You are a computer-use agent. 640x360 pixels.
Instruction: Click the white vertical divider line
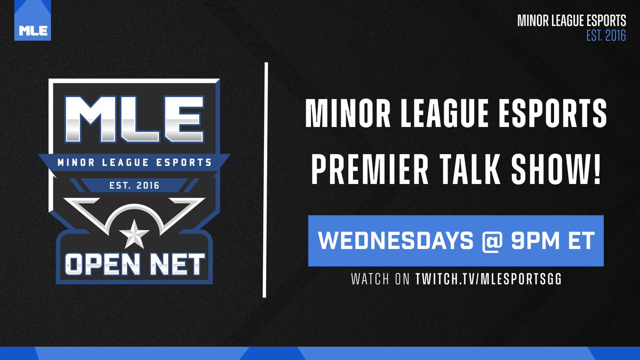point(265,180)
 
